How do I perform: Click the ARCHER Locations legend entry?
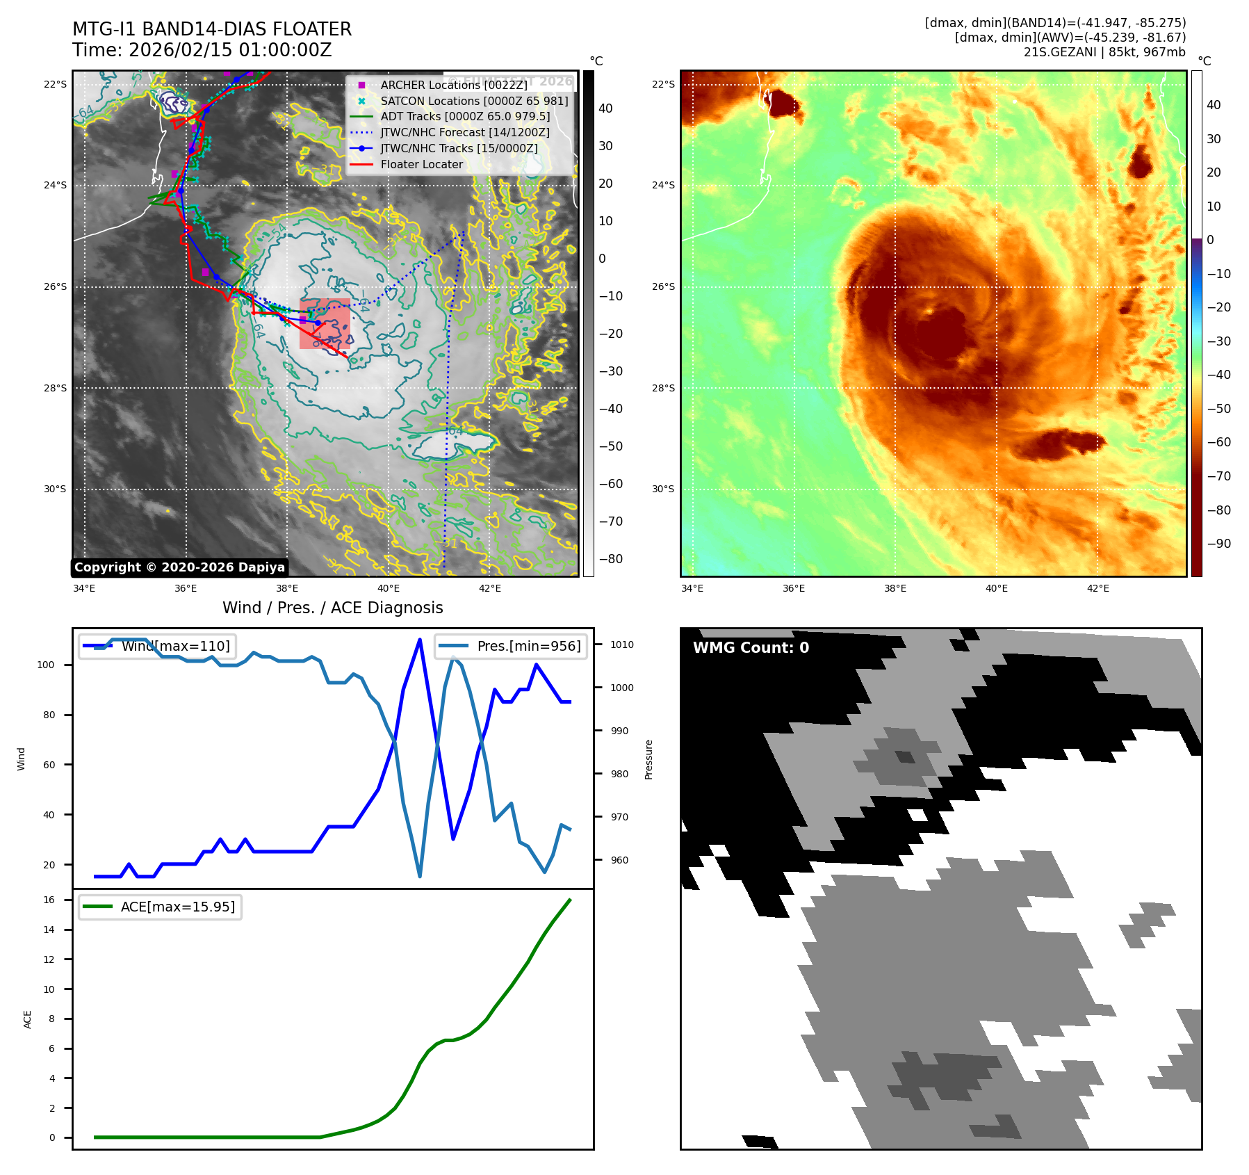click(453, 85)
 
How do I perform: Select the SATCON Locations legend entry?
click(474, 101)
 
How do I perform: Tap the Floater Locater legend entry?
click(421, 165)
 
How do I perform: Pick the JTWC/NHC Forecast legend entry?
click(464, 133)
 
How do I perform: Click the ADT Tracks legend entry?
click(465, 117)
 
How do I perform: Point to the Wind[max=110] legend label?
click(175, 646)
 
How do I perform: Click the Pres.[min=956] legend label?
click(528, 646)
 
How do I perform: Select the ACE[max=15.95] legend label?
click(177, 907)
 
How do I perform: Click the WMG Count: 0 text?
click(751, 648)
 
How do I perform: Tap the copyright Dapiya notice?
click(179, 567)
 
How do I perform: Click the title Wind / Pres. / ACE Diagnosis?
click(332, 608)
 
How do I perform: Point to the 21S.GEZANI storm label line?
click(1104, 52)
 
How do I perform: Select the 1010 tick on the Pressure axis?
click(621, 645)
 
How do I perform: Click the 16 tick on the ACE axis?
click(49, 900)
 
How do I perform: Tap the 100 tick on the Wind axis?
click(46, 665)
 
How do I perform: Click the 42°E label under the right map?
click(1097, 588)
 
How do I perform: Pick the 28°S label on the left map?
click(56, 388)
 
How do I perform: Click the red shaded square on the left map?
click(325, 324)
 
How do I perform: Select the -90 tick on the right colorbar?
click(1218, 544)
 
